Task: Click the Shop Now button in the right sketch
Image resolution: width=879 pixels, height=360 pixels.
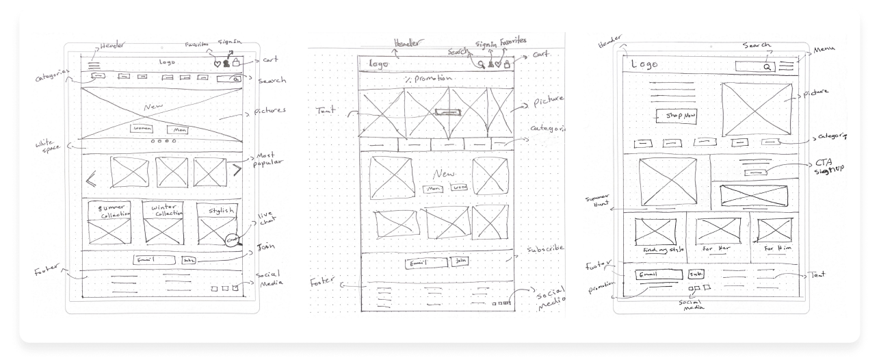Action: pos(676,116)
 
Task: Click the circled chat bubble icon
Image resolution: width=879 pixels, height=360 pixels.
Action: pos(233,240)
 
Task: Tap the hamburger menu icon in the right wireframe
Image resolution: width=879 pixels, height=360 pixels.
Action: pos(786,66)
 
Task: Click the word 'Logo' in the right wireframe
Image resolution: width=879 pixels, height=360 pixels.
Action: pos(644,64)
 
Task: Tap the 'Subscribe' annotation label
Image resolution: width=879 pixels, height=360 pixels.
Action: pos(546,248)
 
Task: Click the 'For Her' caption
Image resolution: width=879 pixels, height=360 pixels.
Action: pos(718,248)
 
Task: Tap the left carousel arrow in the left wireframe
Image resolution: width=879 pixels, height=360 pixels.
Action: pos(91,180)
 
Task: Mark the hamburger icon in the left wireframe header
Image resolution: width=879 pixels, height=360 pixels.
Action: pos(94,66)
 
